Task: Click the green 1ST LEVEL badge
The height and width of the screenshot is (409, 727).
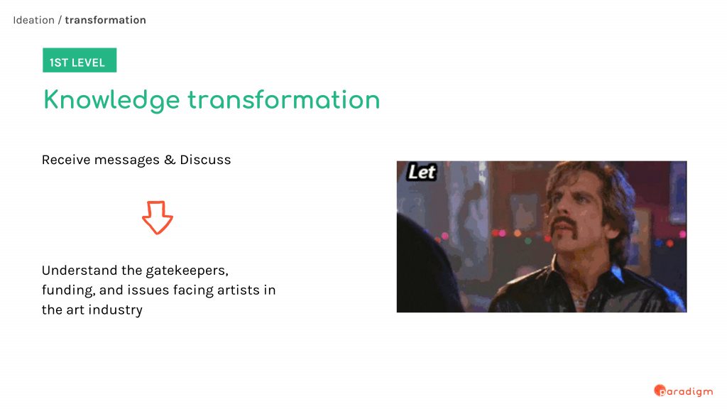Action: point(80,60)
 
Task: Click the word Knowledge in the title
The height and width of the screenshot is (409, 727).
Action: point(111,100)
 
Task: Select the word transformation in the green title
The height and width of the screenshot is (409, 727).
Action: point(284,99)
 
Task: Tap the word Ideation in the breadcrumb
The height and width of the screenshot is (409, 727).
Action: point(34,20)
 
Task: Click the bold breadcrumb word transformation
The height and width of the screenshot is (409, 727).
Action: point(105,20)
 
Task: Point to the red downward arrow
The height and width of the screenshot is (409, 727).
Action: point(158,217)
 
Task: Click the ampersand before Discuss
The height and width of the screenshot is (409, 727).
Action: point(170,160)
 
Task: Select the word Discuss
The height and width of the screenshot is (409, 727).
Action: point(205,160)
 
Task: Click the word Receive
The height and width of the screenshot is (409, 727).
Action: point(66,160)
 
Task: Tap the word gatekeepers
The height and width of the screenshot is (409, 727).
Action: point(187,271)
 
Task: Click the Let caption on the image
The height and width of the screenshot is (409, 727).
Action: point(422,172)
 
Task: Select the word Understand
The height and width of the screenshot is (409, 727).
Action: point(80,271)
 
